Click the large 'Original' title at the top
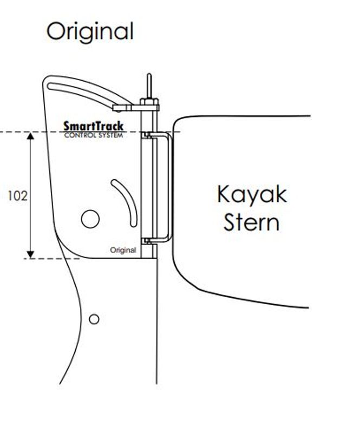pyautogui.click(x=90, y=32)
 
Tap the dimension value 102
pyautogui.click(x=18, y=196)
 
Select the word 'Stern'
pyautogui.click(x=251, y=223)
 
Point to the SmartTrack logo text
pyautogui.click(x=94, y=127)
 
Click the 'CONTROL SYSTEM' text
pyautogui.click(x=94, y=135)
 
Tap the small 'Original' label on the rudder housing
pyautogui.click(x=123, y=250)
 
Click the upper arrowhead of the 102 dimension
pyautogui.click(x=30, y=136)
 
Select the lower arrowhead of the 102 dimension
pyautogui.click(x=30, y=254)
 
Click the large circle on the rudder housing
pyautogui.click(x=90, y=219)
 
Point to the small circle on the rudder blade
pyautogui.click(x=94, y=319)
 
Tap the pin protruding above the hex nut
pyautogui.click(x=149, y=86)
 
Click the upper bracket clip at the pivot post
pyautogui.click(x=146, y=135)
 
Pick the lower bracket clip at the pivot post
pyautogui.click(x=146, y=241)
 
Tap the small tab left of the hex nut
pyautogui.click(x=122, y=107)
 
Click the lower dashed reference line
pyautogui.click(x=52, y=259)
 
